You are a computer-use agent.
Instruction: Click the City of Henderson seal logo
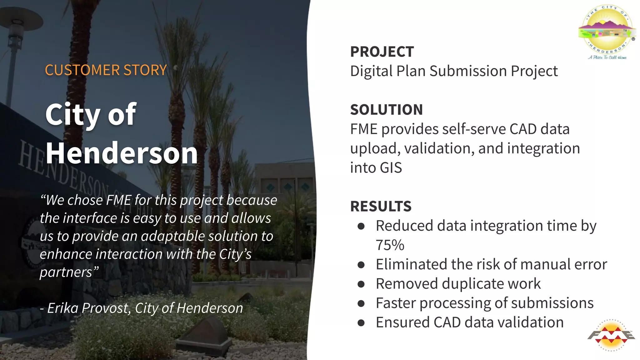(x=607, y=31)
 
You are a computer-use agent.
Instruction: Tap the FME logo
(x=611, y=335)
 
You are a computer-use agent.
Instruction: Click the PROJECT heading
(x=382, y=52)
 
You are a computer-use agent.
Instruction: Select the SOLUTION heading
(x=386, y=110)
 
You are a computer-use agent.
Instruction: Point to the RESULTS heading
(x=381, y=206)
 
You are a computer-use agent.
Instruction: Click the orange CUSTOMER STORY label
(x=106, y=70)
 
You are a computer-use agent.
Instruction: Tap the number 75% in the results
(x=390, y=245)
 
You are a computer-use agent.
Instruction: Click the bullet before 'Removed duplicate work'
(x=361, y=284)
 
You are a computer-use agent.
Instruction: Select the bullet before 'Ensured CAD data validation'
(x=361, y=323)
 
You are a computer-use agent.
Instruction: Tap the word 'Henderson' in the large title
(x=122, y=153)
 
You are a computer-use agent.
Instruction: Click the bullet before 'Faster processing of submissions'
(x=361, y=303)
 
